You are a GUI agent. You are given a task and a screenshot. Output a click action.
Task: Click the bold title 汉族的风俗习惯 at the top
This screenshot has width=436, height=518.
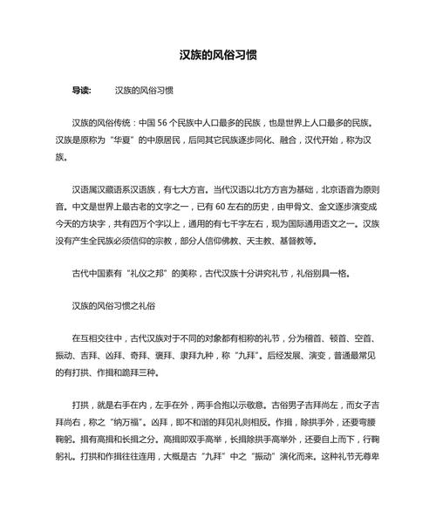[x=218, y=54]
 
